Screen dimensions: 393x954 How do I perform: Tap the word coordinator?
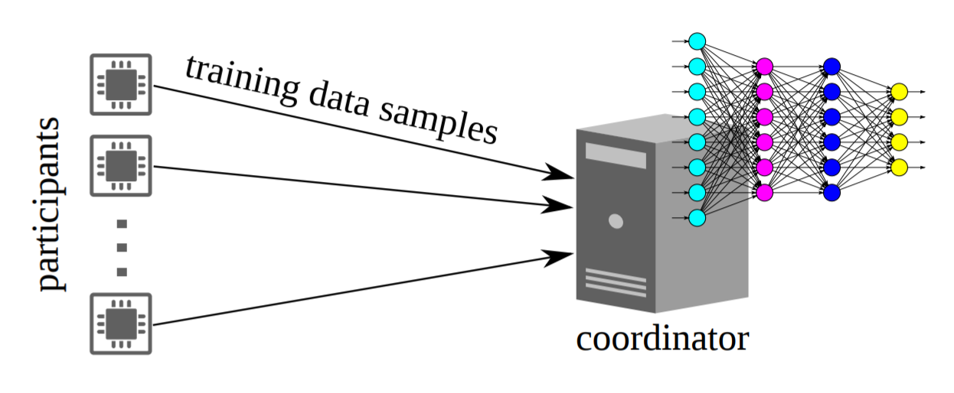click(x=662, y=338)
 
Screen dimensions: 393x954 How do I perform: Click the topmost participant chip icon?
click(x=121, y=84)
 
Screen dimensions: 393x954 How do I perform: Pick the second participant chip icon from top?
click(x=121, y=165)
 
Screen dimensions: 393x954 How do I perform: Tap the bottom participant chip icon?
click(x=121, y=323)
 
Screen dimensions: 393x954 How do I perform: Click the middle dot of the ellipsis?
click(x=121, y=248)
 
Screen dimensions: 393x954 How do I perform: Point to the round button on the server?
click(x=616, y=222)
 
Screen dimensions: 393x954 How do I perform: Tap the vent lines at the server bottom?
click(x=616, y=282)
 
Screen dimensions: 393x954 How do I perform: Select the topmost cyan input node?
click(x=697, y=41)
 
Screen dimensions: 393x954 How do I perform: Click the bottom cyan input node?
click(x=697, y=218)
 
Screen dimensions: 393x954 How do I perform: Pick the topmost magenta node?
click(x=764, y=67)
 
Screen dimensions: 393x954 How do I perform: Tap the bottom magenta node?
click(x=764, y=192)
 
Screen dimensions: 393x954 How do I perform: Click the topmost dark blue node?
click(x=832, y=67)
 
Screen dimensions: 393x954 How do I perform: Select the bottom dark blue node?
click(x=832, y=192)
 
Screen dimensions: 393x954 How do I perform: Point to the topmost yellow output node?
click(x=900, y=92)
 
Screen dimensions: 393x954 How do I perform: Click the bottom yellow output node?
click(x=900, y=167)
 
